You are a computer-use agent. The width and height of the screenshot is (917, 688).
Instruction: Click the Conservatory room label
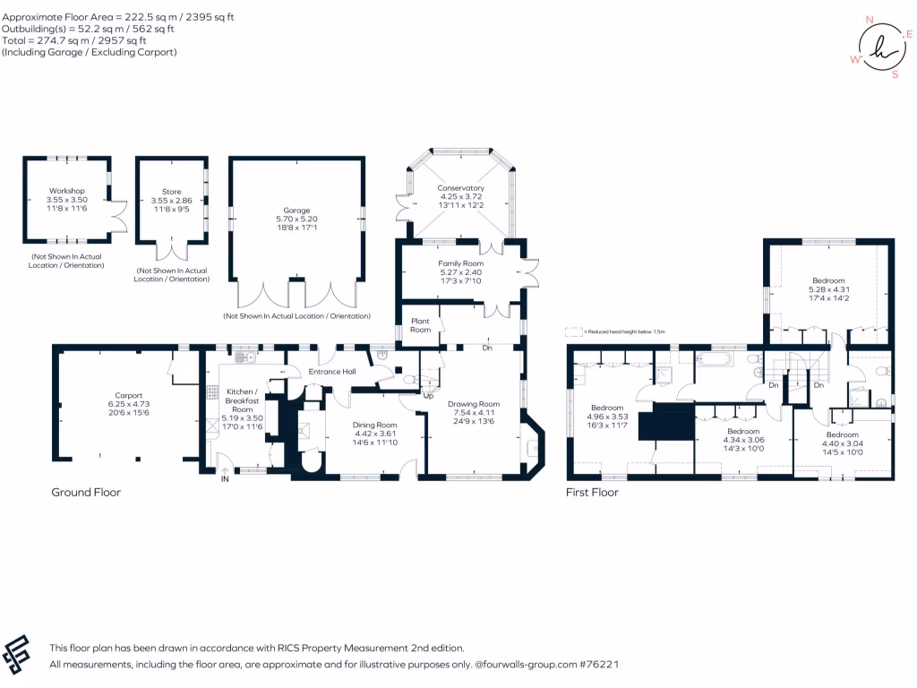click(x=461, y=188)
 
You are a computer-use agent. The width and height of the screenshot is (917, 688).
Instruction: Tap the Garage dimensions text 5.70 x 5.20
click(x=296, y=219)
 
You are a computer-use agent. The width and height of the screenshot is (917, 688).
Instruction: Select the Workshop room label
click(x=67, y=191)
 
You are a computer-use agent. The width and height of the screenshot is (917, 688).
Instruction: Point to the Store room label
click(x=171, y=191)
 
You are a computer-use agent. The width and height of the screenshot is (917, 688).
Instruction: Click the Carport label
click(x=129, y=395)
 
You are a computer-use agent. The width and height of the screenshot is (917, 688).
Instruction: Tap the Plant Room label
click(x=420, y=324)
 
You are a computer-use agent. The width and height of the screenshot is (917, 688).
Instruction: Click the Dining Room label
click(x=374, y=425)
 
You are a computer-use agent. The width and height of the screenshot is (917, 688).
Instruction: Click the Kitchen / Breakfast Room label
click(x=242, y=400)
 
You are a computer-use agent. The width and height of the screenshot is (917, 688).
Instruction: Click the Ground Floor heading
click(x=86, y=492)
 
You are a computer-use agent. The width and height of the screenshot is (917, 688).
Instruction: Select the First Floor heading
click(x=592, y=492)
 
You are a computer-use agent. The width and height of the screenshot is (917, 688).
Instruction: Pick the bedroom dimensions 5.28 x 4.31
click(x=828, y=289)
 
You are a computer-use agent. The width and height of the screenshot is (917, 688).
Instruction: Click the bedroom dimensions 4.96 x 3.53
click(x=607, y=417)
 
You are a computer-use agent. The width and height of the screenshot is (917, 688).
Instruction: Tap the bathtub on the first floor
click(x=714, y=360)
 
